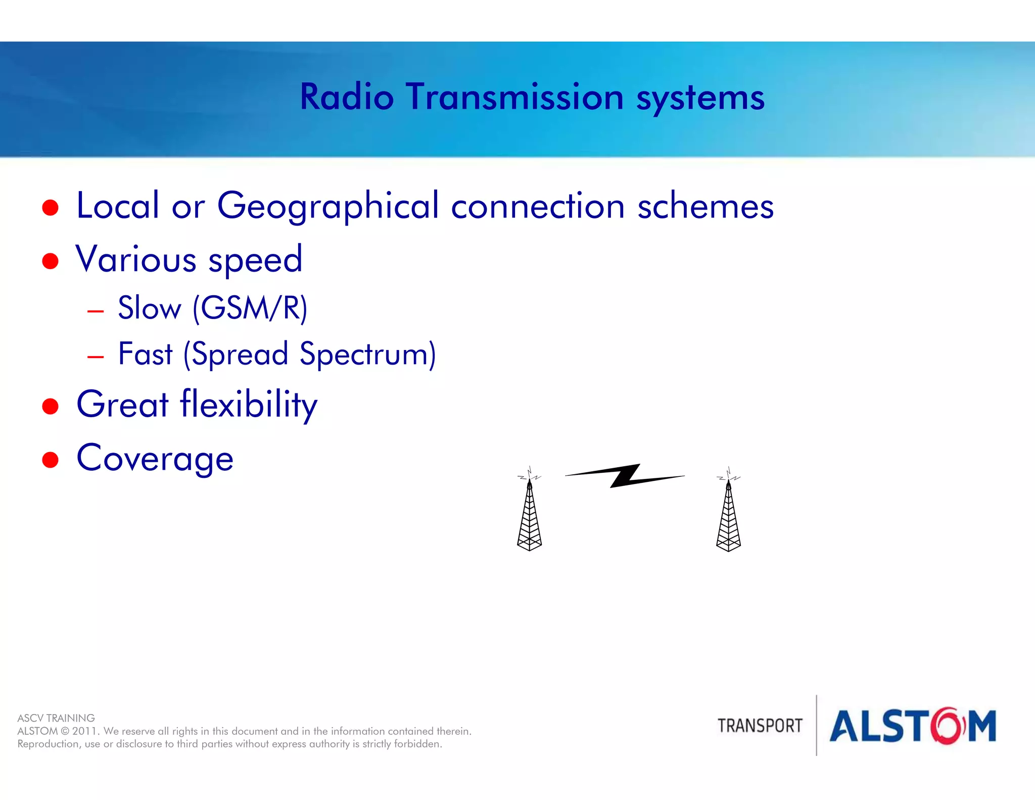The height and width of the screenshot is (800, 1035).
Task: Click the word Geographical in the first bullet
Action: (327, 206)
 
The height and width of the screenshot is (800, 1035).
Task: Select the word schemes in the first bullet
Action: (705, 206)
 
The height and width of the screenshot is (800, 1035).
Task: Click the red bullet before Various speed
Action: (50, 261)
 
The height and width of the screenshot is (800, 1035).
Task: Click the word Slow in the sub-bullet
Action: (149, 308)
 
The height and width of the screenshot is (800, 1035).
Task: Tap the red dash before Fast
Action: (96, 357)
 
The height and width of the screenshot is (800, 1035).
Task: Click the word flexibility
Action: (248, 405)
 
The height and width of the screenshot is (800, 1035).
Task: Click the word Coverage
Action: (155, 459)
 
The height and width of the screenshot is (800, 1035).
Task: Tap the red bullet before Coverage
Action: (50, 460)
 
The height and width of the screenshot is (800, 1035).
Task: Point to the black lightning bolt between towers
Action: (625, 476)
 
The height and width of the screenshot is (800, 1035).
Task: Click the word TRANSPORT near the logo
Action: (760, 726)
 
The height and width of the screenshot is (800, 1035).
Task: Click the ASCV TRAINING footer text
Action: (56, 718)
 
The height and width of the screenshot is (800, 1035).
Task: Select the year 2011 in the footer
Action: (85, 731)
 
